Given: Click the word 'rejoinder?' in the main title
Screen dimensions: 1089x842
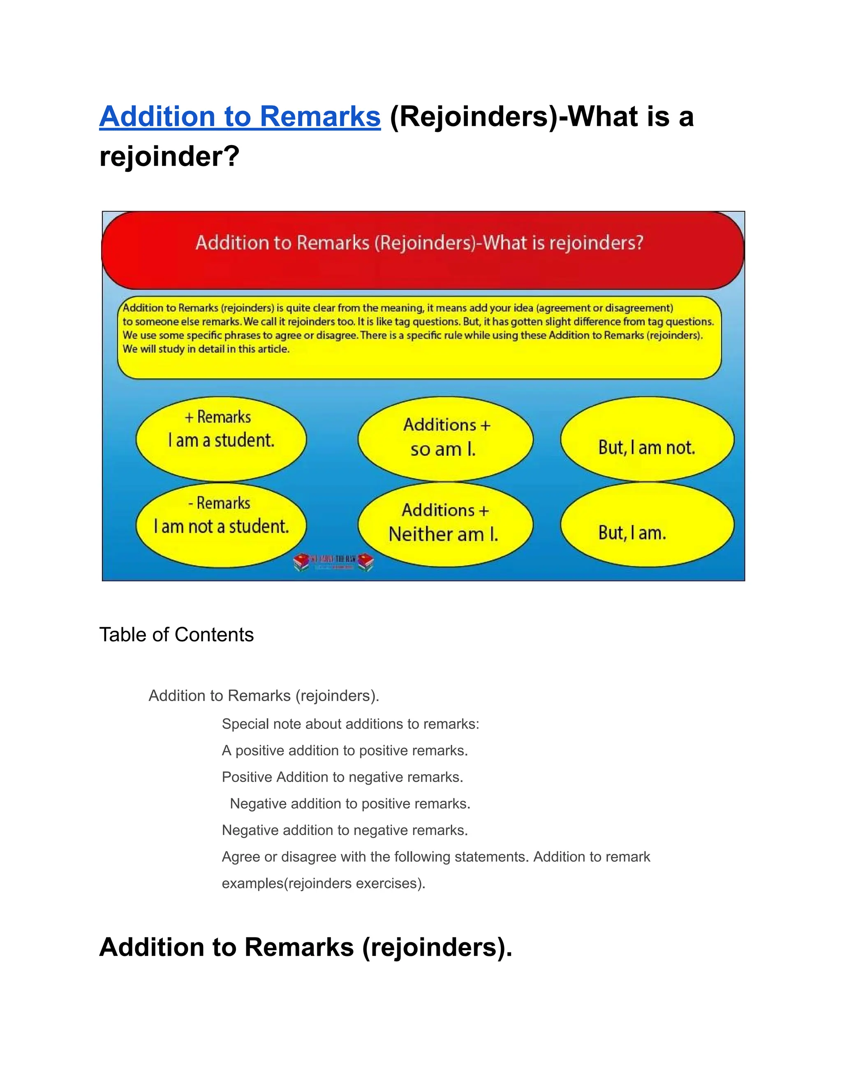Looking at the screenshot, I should pyautogui.click(x=170, y=157).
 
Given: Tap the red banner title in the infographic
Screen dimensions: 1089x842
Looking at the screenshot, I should pyautogui.click(x=419, y=243).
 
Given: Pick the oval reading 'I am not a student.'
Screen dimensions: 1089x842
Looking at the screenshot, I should pyautogui.click(x=221, y=526).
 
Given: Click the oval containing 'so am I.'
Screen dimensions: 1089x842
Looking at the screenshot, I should pyautogui.click(x=445, y=439).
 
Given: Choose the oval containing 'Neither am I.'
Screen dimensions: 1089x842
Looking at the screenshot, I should pyautogui.click(x=445, y=524).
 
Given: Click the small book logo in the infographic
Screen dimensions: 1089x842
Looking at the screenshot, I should pyautogui.click(x=333, y=561).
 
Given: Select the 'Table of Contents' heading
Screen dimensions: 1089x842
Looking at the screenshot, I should pyautogui.click(x=176, y=635).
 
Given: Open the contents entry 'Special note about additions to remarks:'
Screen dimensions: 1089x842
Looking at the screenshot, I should pyautogui.click(x=350, y=724).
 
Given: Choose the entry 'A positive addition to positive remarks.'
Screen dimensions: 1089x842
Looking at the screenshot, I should pyautogui.click(x=345, y=750).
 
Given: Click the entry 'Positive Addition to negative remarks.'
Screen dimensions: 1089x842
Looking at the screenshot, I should pyautogui.click(x=342, y=777).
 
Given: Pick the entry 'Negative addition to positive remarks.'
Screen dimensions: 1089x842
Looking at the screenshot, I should pyautogui.click(x=350, y=803).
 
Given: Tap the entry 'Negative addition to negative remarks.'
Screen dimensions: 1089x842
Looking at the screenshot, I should pyautogui.click(x=345, y=830).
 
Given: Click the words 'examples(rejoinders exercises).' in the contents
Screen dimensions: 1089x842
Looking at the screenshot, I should pyautogui.click(x=323, y=883).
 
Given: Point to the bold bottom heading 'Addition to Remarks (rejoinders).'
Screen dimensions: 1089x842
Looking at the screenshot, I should pyautogui.click(x=305, y=947).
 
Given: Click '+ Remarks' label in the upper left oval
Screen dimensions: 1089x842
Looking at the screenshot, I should pyautogui.click(x=218, y=417).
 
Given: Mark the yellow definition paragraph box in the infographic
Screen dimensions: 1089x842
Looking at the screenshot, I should pyautogui.click(x=419, y=337).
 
